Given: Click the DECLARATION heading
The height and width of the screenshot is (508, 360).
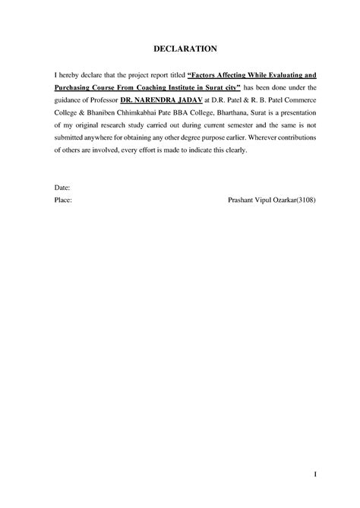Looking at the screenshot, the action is click(x=180, y=49).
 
